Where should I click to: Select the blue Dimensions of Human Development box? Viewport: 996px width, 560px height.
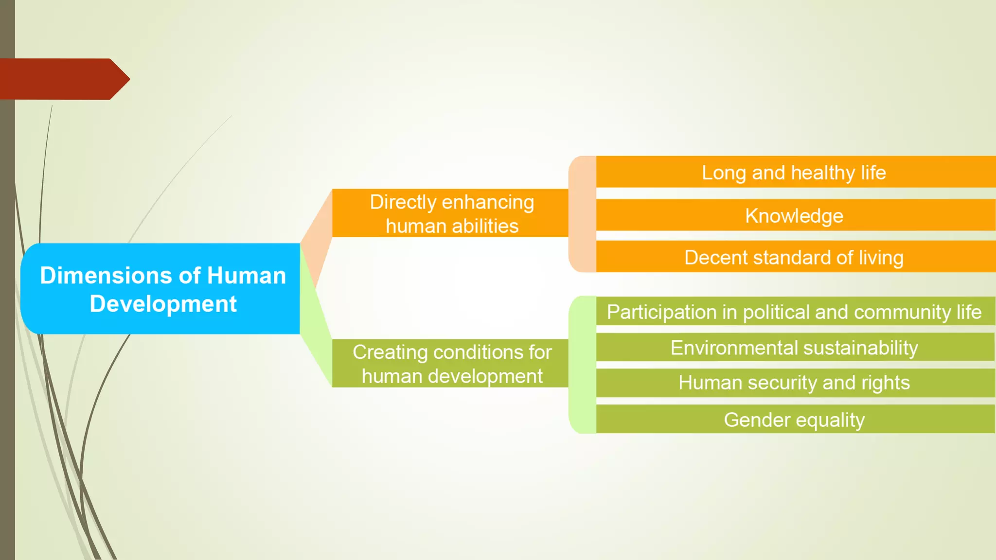[x=160, y=289]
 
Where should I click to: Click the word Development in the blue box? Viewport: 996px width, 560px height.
[x=163, y=304]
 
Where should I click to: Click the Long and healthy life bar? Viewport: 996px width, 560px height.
[x=794, y=173]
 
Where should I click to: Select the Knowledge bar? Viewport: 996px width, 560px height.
[x=794, y=215]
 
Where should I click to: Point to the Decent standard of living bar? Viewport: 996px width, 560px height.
[x=794, y=257]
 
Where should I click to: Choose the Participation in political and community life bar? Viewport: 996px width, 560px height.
[x=794, y=312]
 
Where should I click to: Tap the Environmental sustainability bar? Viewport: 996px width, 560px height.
[x=794, y=348]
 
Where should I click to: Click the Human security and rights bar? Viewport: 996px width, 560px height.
[x=794, y=383]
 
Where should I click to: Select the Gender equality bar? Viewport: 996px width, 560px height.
[x=794, y=420]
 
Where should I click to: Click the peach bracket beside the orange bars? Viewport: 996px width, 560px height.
[x=582, y=214]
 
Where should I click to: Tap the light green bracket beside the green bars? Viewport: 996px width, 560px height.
[x=582, y=365]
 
